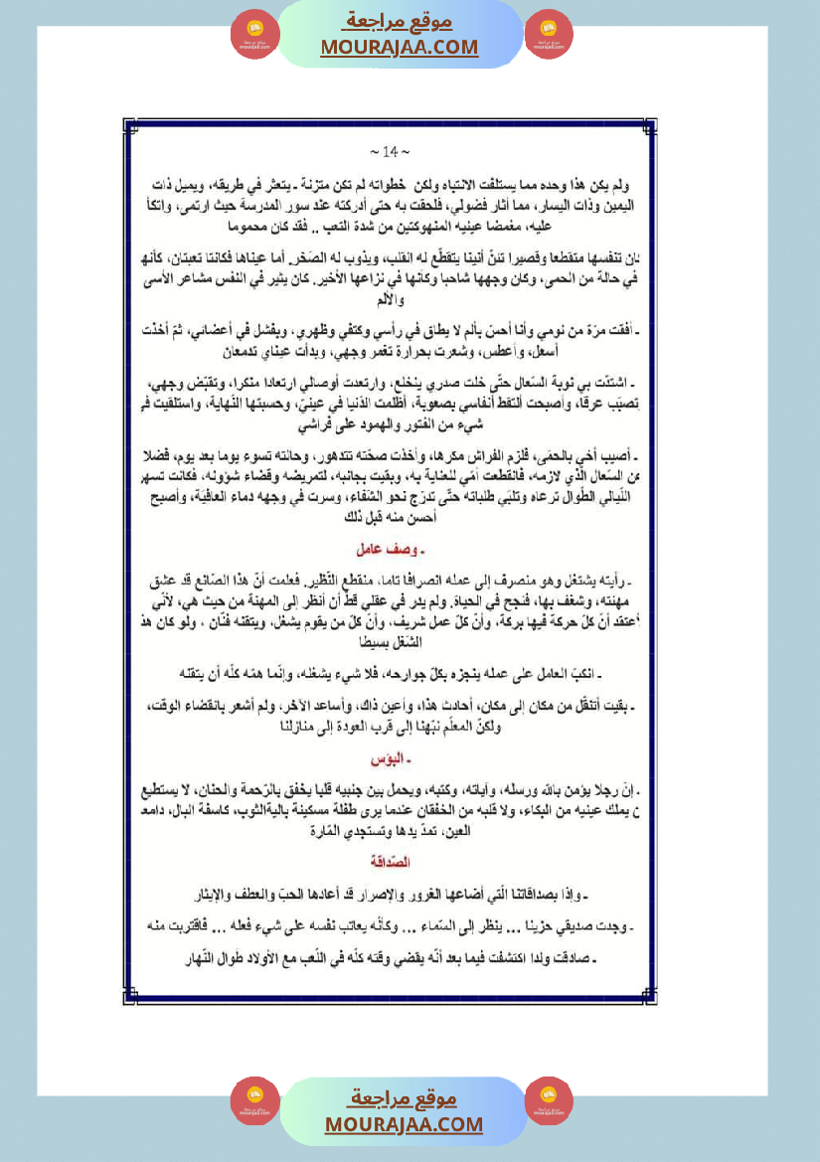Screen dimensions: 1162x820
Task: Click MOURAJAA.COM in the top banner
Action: pyautogui.click(x=400, y=47)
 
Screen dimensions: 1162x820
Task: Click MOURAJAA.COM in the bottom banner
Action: pyautogui.click(x=404, y=1124)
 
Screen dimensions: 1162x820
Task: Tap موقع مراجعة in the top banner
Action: pyautogui.click(x=401, y=21)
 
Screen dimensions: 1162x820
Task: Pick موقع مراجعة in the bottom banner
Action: pyautogui.click(x=404, y=1098)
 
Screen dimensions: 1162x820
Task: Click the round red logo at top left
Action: pyautogui.click(x=255, y=34)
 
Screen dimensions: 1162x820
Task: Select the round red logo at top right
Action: pyautogui.click(x=549, y=34)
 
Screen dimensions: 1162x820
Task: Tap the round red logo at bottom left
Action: pyautogui.click(x=255, y=1100)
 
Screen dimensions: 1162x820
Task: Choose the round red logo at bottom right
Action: pyautogui.click(x=549, y=1100)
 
